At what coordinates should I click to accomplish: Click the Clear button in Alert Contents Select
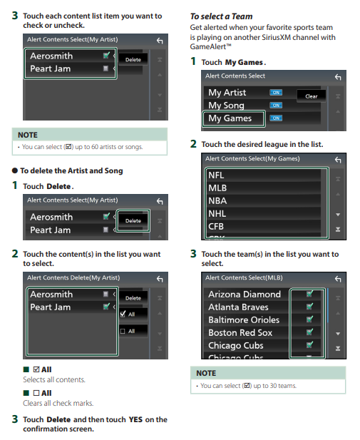click(312, 96)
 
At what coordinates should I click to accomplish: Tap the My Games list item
click(233, 118)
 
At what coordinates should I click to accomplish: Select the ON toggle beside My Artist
click(276, 92)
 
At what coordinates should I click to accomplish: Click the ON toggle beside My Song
click(276, 106)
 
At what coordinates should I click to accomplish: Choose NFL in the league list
click(216, 175)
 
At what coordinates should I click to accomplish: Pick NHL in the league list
click(217, 214)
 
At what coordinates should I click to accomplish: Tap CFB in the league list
click(216, 227)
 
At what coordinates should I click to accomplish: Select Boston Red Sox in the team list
click(240, 332)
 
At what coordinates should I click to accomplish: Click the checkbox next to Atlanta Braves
click(309, 307)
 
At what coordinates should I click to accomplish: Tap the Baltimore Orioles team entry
click(244, 320)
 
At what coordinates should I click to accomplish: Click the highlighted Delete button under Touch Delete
click(133, 220)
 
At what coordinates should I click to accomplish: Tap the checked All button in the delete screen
click(133, 314)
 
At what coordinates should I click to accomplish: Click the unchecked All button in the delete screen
click(133, 331)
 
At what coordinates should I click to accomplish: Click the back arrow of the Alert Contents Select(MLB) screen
click(338, 279)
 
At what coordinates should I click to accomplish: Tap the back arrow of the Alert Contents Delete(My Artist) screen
click(160, 279)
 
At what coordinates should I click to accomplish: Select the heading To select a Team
click(222, 16)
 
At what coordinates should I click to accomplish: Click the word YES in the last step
click(135, 419)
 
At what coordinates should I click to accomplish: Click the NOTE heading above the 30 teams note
click(206, 373)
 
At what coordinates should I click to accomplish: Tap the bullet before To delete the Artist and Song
click(15, 170)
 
